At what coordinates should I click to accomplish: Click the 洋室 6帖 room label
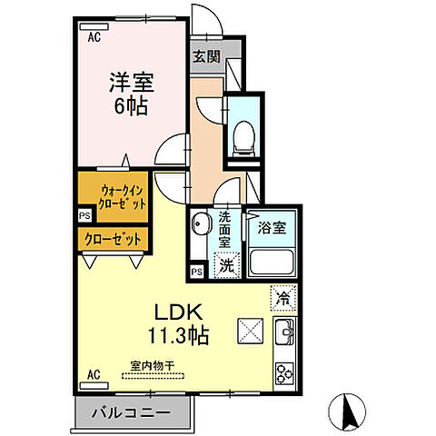click(x=133, y=91)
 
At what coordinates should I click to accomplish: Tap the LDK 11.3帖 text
click(x=173, y=322)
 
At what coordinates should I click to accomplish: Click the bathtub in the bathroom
click(x=273, y=263)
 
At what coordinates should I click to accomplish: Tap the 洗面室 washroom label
click(x=223, y=231)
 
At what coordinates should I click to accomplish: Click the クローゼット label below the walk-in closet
click(x=112, y=239)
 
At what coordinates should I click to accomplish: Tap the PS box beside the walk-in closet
click(x=84, y=217)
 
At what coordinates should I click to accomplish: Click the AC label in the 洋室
click(x=94, y=37)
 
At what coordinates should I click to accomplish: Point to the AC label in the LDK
click(x=93, y=373)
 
